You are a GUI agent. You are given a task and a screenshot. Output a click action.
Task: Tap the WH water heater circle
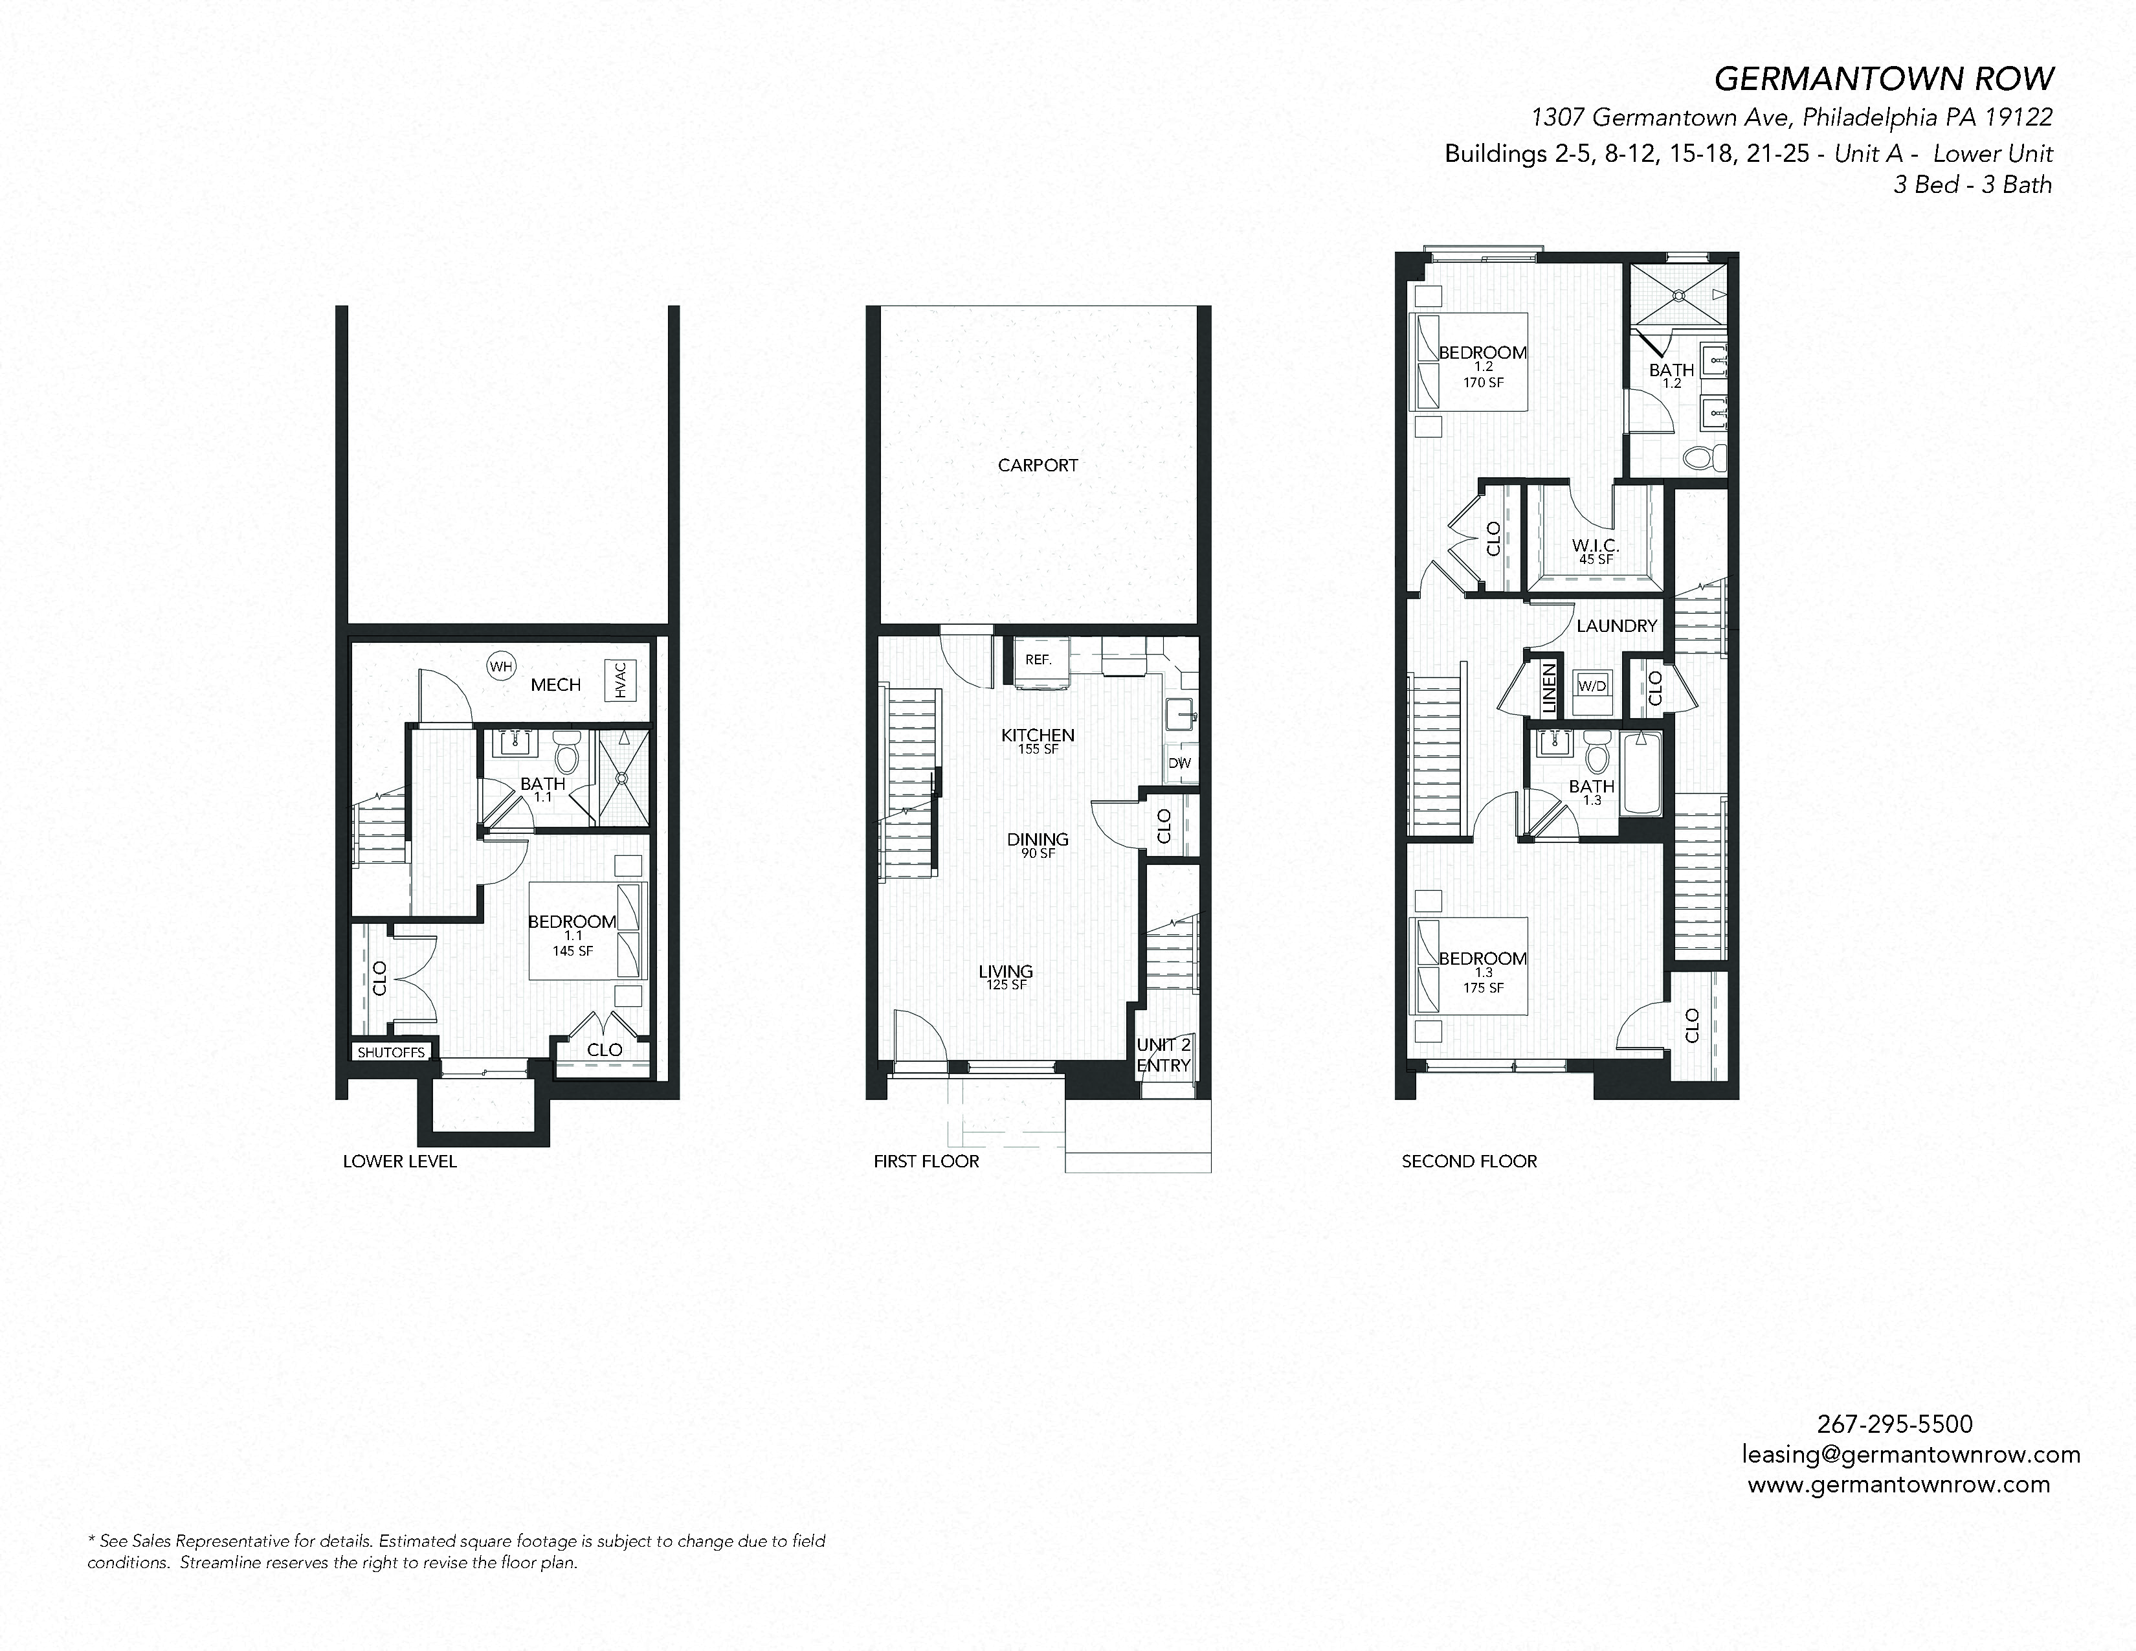tap(501, 667)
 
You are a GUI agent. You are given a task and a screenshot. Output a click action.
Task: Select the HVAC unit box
tap(621, 680)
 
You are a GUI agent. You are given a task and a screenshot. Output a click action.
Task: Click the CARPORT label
tap(1038, 466)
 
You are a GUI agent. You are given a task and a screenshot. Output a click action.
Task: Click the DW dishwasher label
tap(1179, 763)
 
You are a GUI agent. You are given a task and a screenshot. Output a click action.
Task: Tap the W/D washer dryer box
tap(1592, 686)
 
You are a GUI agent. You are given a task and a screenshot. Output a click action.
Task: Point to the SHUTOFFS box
tap(391, 1052)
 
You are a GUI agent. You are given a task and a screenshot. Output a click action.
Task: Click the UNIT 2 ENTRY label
tap(1164, 1055)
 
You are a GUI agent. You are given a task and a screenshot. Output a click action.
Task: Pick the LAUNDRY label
tap(1617, 626)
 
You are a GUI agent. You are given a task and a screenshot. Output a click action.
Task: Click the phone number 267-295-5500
tap(1895, 1424)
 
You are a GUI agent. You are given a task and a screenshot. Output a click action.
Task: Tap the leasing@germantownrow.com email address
tap(1910, 1454)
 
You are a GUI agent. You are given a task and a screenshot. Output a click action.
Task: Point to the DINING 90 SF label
tap(1038, 844)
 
